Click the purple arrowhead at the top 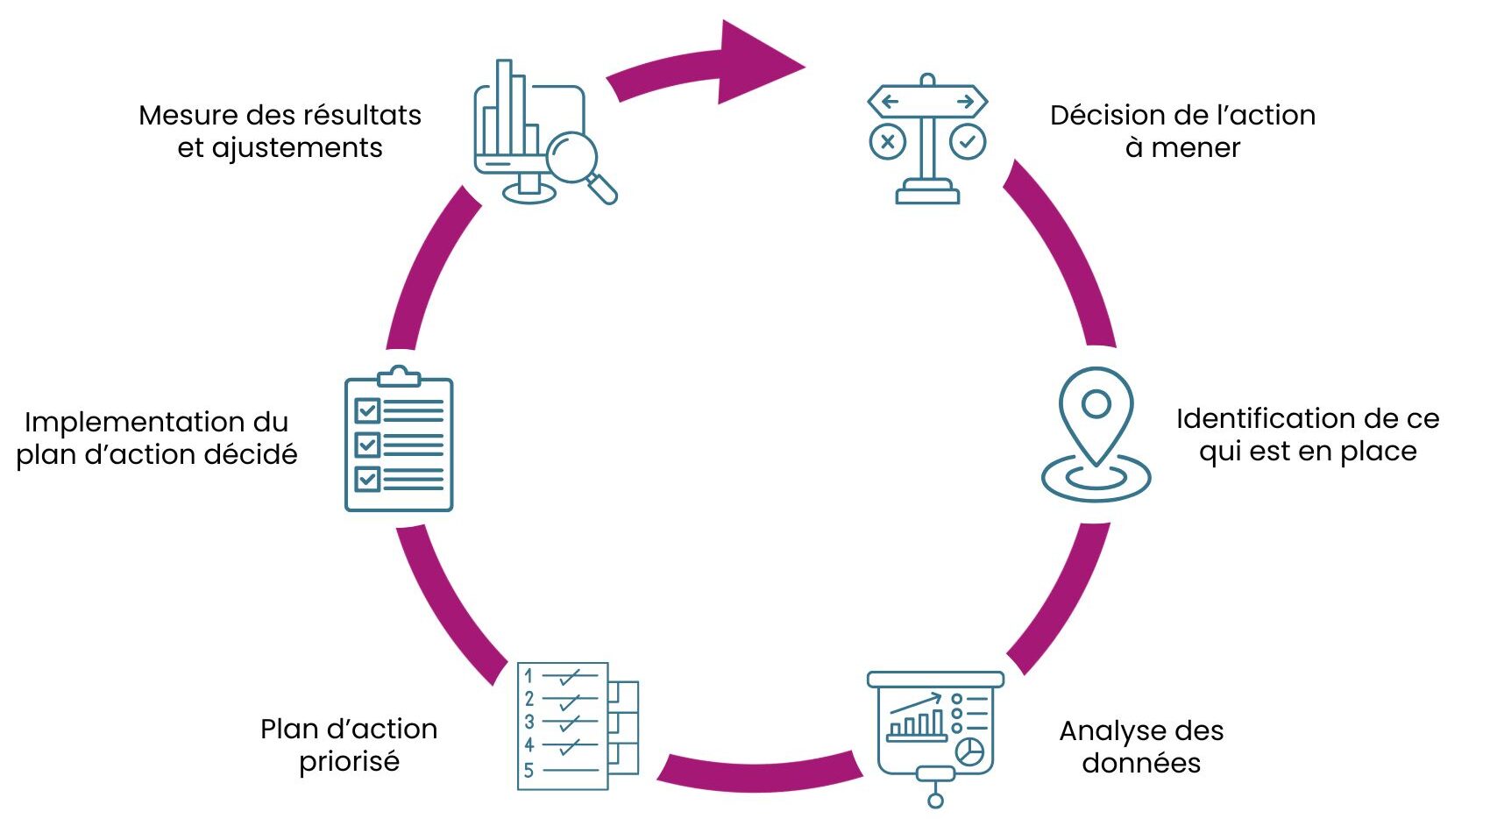tap(755, 63)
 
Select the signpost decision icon tap(927, 139)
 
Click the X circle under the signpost tap(887, 142)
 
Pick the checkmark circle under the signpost tap(967, 142)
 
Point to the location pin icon tap(1096, 434)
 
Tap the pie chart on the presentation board tap(970, 751)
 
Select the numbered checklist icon tap(578, 726)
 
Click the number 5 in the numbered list tap(529, 771)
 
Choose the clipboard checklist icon tap(399, 438)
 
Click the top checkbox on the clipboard tap(367, 410)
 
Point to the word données tap(1141, 763)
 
